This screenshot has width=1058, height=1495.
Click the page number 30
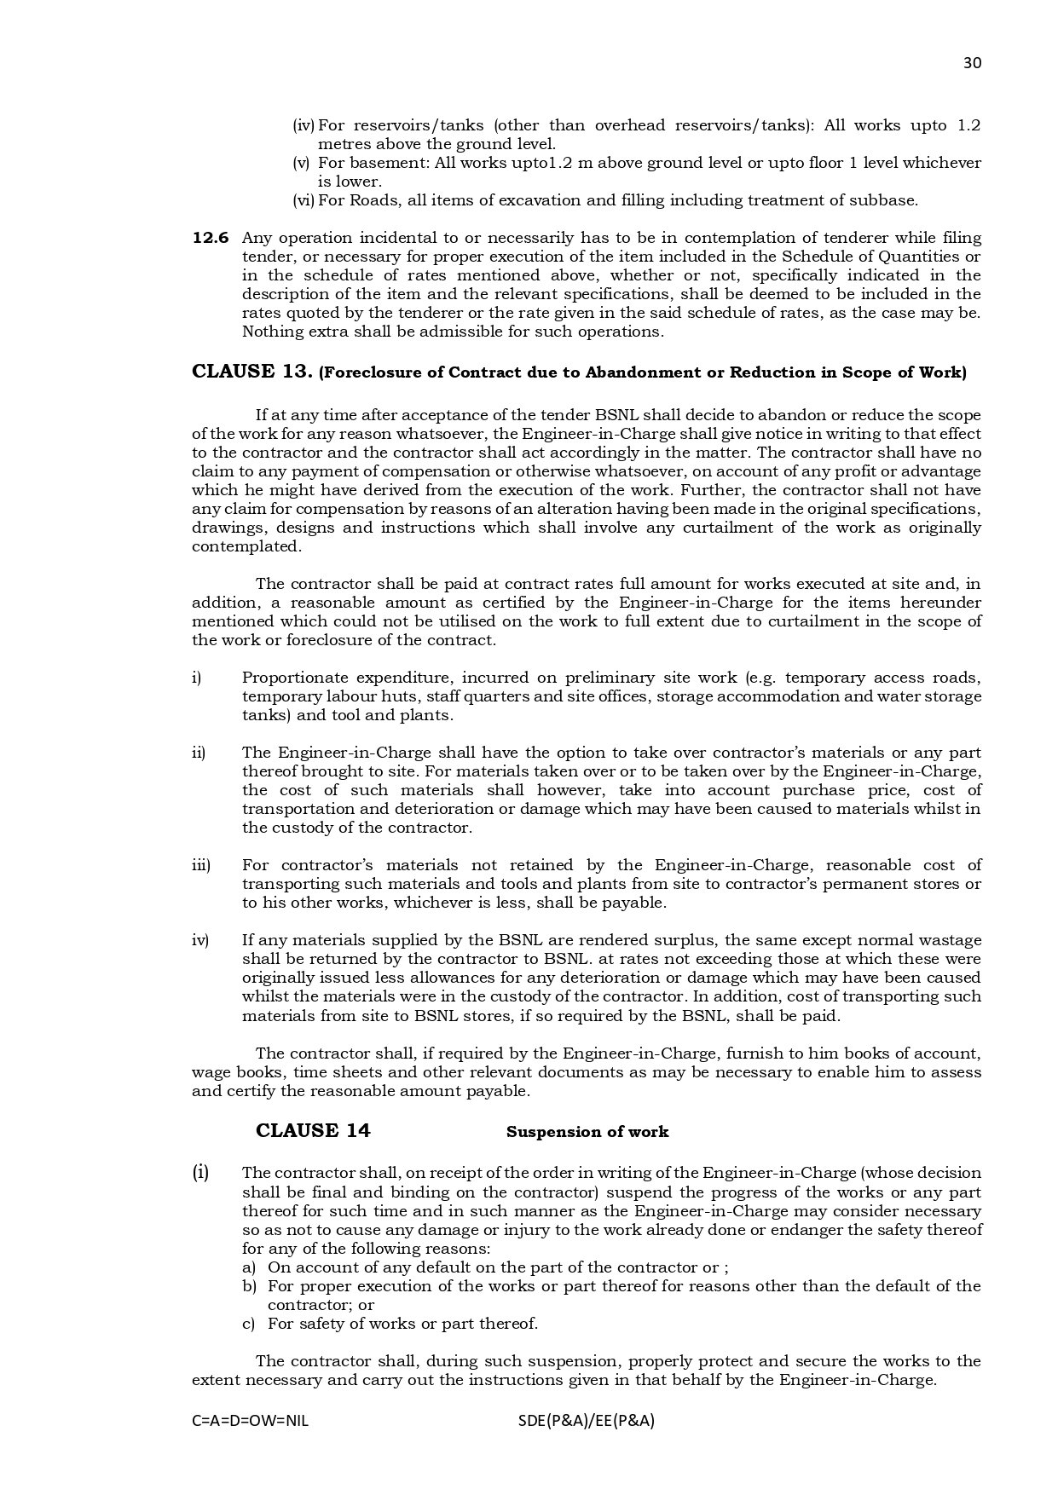pyautogui.click(x=972, y=63)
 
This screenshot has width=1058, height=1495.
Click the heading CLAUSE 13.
pyautogui.click(x=252, y=372)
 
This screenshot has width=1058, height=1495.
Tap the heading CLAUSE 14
pyautogui.click(x=313, y=1131)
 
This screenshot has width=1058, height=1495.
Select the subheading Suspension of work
pyautogui.click(x=587, y=1132)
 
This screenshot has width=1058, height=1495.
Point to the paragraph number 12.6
pyautogui.click(x=211, y=238)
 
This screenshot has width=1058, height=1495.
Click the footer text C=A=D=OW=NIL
pyautogui.click(x=251, y=1421)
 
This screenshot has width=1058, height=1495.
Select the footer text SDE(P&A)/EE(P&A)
pyautogui.click(x=586, y=1421)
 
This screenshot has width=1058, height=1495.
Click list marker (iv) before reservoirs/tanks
pyautogui.click(x=304, y=125)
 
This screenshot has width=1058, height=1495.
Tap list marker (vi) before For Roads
pyautogui.click(x=304, y=200)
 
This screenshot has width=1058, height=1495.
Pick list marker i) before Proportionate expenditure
pyautogui.click(x=197, y=678)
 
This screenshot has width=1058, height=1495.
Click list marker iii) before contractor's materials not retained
pyautogui.click(x=200, y=865)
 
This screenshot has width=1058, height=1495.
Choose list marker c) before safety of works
pyautogui.click(x=249, y=1324)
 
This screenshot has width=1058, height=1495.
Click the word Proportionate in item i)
pyautogui.click(x=294, y=678)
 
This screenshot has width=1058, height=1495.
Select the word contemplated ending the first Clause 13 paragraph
pyautogui.click(x=246, y=546)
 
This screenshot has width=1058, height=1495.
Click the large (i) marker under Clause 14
pyautogui.click(x=200, y=1172)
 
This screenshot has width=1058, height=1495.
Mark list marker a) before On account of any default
pyautogui.click(x=249, y=1267)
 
